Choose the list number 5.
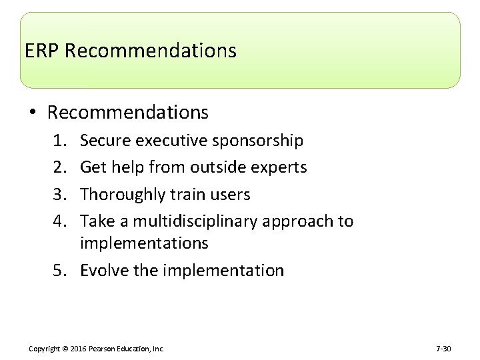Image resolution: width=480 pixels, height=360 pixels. pyautogui.click(x=69, y=271)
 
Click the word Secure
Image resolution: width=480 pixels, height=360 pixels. pyautogui.click(x=105, y=141)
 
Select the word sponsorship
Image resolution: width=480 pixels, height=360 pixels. pyautogui.click(x=257, y=141)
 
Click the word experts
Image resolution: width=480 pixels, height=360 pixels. pyautogui.click(x=281, y=167)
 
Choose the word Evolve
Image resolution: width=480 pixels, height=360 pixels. pyautogui.click(x=101, y=271)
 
